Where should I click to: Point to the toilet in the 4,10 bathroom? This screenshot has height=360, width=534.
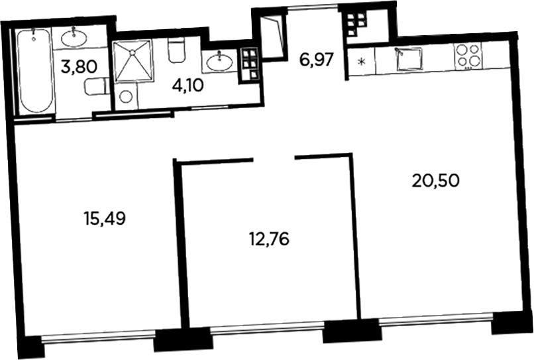click(x=176, y=50)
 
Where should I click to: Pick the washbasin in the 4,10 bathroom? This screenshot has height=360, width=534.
click(x=219, y=63)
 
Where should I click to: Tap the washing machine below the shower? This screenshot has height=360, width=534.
click(x=125, y=97)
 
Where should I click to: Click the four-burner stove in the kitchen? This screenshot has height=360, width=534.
click(x=467, y=55)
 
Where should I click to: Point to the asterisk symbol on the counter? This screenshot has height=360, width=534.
click(x=360, y=64)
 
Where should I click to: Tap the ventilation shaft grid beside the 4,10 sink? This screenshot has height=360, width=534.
click(x=250, y=60)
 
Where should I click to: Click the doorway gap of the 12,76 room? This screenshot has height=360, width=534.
click(x=274, y=158)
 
